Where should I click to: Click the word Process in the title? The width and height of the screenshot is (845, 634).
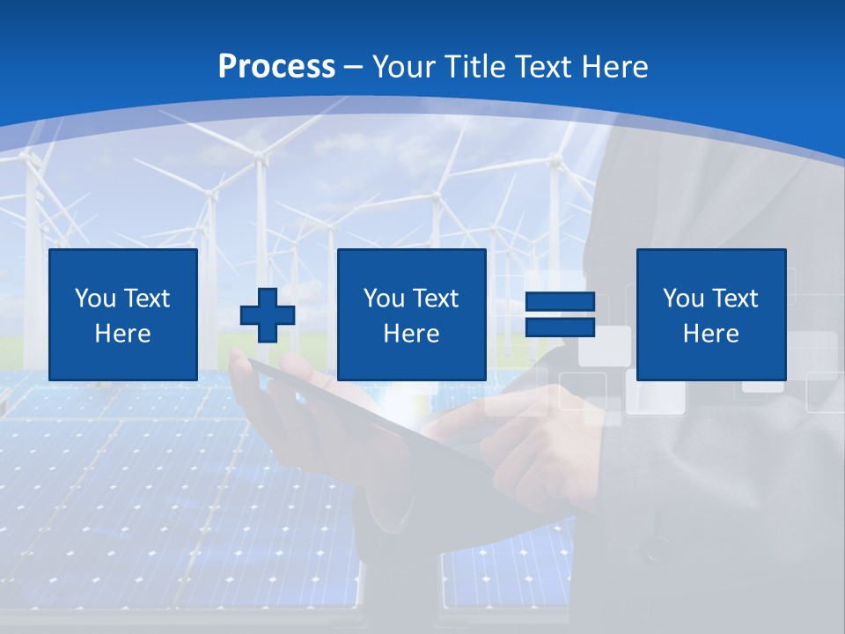coord(276,67)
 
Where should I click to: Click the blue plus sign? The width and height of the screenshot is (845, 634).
coord(268,315)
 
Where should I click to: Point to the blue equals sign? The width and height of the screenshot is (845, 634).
coord(561,315)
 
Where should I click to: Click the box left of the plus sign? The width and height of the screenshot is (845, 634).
coord(123,315)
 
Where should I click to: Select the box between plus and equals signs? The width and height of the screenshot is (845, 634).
coord(412,315)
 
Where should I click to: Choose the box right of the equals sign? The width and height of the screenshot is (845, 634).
coord(711,315)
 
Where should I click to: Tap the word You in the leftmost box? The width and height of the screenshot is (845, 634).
coord(95,299)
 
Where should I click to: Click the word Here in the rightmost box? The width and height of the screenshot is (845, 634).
coord(711,334)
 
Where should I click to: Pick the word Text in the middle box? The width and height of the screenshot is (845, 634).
coord(436,299)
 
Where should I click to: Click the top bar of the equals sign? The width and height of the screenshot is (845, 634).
coord(561,303)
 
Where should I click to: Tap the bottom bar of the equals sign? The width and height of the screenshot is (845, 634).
coord(561,328)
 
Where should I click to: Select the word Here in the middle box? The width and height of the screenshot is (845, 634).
coord(412,334)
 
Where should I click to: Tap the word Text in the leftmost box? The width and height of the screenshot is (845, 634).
coord(147,299)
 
